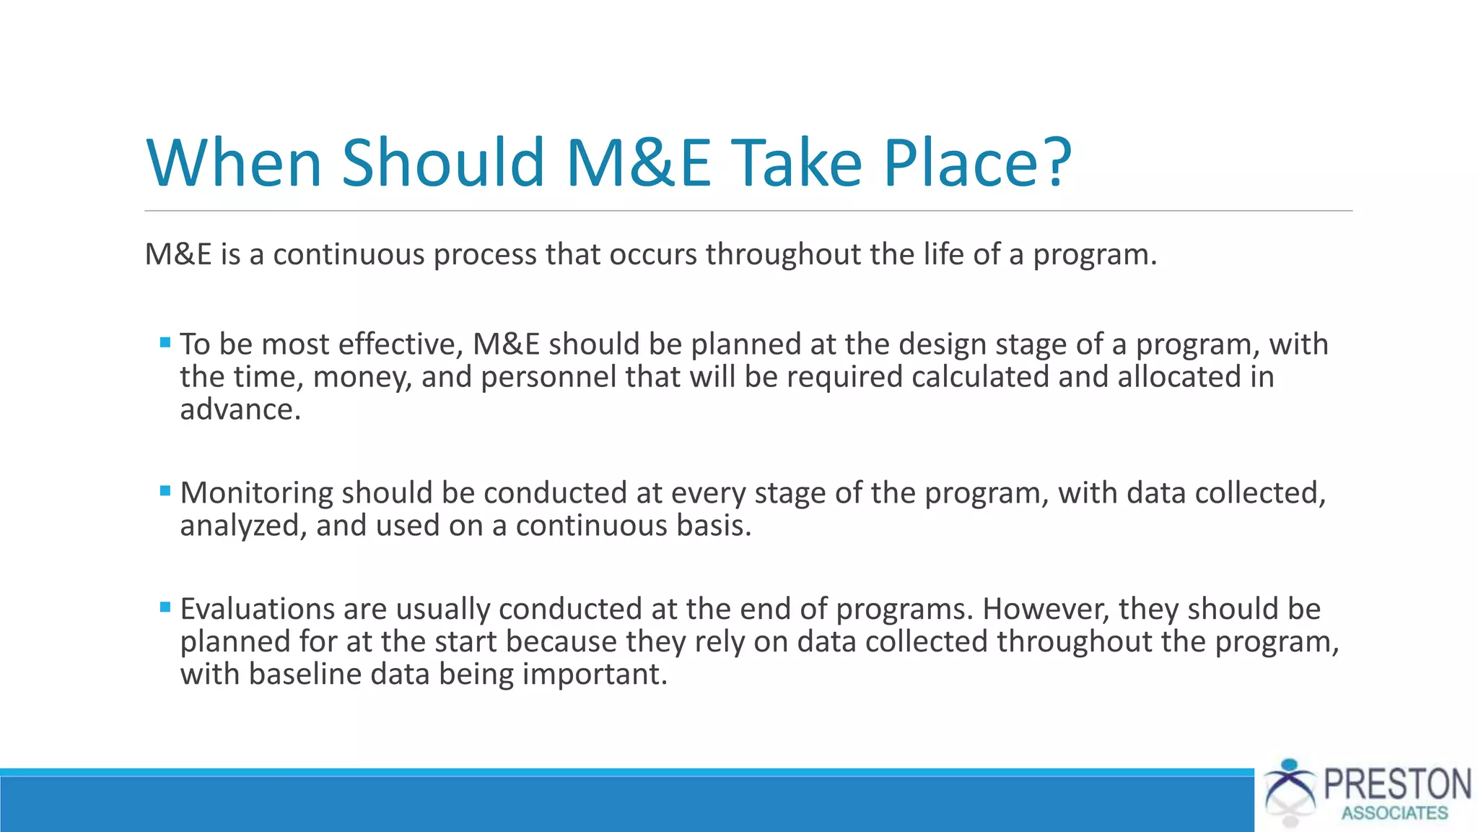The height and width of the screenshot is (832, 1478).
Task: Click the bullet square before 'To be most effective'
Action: (x=165, y=342)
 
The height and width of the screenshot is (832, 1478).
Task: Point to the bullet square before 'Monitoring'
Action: (x=165, y=491)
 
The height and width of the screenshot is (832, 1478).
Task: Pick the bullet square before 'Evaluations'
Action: (x=165, y=607)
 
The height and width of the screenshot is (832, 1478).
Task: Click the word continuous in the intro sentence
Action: (x=349, y=254)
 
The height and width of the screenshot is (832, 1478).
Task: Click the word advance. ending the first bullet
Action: (x=240, y=409)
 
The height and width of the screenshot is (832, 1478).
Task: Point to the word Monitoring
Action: (x=256, y=493)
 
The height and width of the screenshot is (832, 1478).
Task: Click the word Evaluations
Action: (x=257, y=609)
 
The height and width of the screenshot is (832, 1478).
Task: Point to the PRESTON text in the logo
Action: (x=1397, y=784)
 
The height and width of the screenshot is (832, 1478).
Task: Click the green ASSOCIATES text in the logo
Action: (x=1394, y=813)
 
